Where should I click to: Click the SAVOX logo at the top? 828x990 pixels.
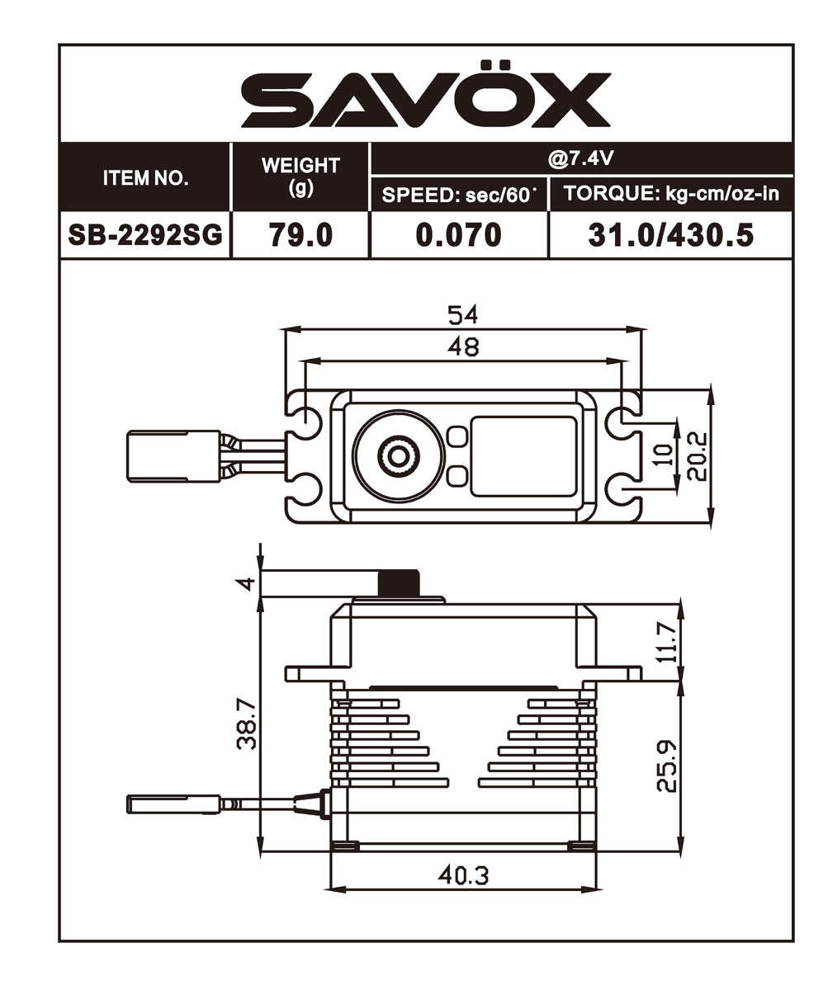(425, 99)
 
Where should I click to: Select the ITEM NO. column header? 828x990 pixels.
(145, 178)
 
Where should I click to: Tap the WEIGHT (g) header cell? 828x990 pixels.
(300, 176)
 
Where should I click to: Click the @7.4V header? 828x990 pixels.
(581, 158)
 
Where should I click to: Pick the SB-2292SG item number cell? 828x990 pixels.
(145, 235)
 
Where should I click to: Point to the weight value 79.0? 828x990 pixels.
(300, 235)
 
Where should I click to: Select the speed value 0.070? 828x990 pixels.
(458, 235)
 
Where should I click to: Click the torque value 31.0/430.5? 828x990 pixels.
(670, 235)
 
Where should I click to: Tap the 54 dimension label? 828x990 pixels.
(462, 315)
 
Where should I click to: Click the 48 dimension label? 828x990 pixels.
(462, 347)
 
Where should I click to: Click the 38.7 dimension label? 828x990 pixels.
(245, 724)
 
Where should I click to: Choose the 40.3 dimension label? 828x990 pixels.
(462, 876)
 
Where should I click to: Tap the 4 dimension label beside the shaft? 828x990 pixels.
(245, 583)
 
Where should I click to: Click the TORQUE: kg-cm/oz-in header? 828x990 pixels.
(670, 195)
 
